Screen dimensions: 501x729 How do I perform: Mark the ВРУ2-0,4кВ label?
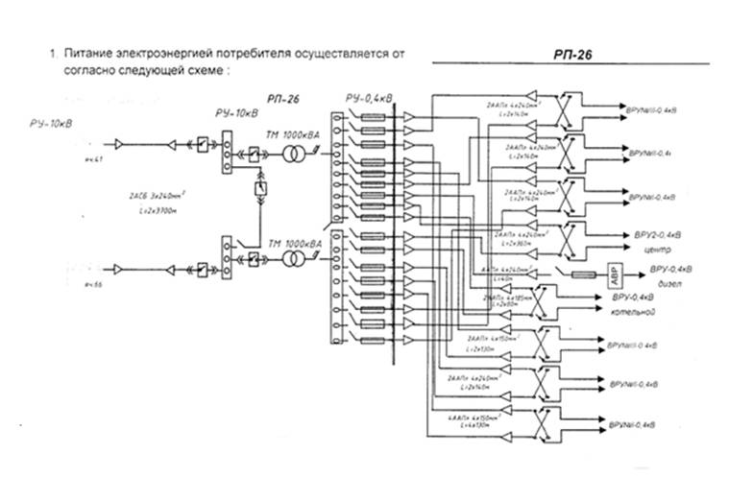pos(657,233)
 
